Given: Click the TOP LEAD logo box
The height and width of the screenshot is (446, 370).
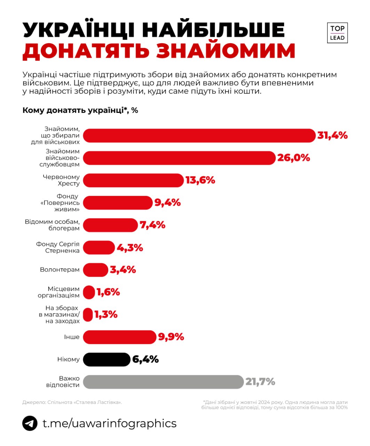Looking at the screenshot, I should [337, 33].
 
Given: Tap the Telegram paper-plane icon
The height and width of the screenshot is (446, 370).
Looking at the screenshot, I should [30, 423].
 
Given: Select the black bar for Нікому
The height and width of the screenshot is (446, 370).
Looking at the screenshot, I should [107, 359].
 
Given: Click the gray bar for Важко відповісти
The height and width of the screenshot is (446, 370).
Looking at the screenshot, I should [163, 382].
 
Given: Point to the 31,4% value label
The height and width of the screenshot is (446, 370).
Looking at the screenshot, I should [332, 135].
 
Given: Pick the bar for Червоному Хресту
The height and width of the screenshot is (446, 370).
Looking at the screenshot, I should [133, 180].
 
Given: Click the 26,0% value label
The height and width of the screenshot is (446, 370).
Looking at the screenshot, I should [293, 158].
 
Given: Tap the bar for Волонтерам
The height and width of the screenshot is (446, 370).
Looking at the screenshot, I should [96, 270].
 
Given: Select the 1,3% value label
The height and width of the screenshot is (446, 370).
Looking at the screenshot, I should [106, 315].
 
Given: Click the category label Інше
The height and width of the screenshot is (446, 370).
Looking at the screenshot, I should [71, 337].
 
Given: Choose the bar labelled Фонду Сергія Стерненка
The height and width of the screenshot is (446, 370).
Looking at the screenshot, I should [99, 247].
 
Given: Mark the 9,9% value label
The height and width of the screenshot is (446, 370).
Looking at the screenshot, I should [171, 337].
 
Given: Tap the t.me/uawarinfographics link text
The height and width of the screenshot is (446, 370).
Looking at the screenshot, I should [109, 423].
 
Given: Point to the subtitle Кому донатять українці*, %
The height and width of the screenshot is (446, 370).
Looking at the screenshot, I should [80, 110].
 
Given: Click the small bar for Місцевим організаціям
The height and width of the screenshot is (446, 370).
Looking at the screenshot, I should [89, 292].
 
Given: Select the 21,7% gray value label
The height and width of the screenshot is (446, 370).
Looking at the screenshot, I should [260, 382].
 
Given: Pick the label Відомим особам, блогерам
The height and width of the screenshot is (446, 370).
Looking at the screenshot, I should [52, 225].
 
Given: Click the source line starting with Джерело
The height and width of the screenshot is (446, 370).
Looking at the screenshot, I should [72, 402].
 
